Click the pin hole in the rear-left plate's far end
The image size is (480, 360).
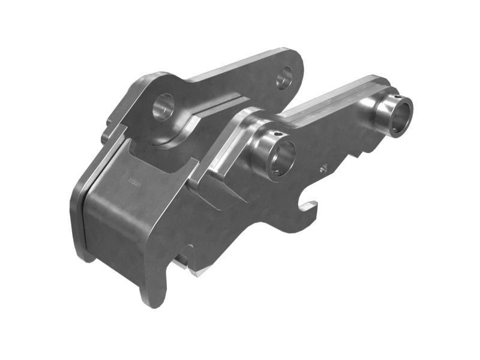tap(284, 77)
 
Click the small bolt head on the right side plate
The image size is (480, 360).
tap(323, 169)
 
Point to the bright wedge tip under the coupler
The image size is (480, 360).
tap(194, 270)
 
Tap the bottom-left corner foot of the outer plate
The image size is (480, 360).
tap(84, 253)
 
